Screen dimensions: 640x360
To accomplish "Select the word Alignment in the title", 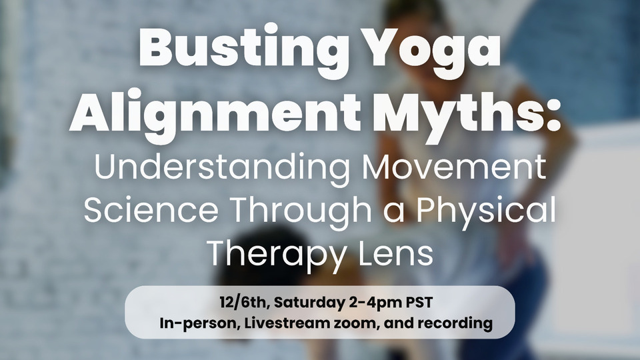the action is [215, 112].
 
